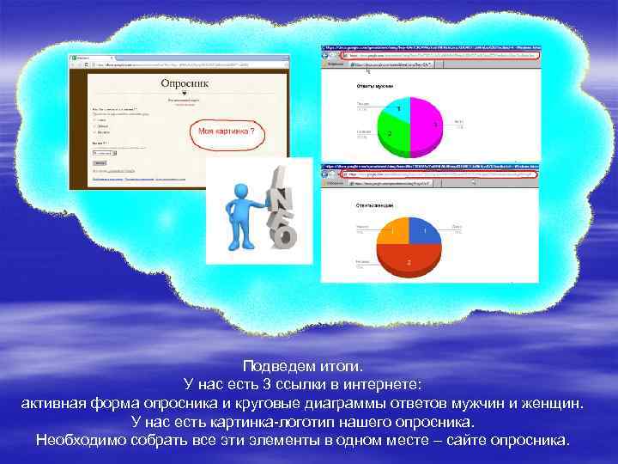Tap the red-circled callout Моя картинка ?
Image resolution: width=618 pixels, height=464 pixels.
click(x=227, y=132)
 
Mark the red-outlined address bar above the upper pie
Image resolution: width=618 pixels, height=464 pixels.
click(x=438, y=54)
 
